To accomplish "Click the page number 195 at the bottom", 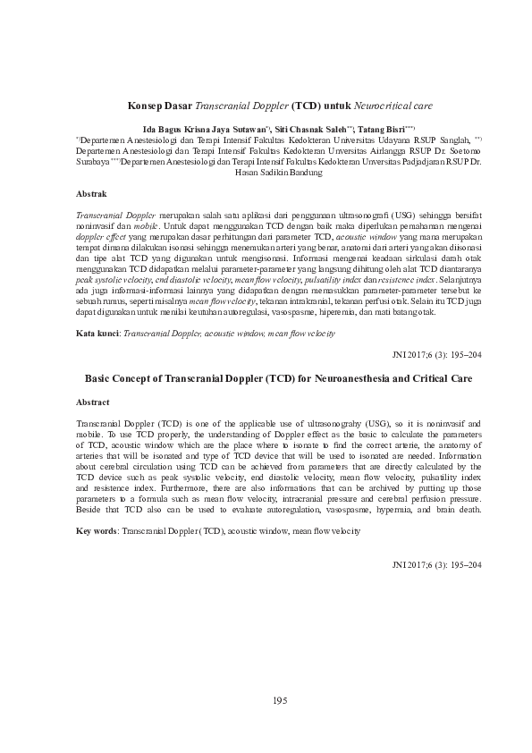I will point(280,700).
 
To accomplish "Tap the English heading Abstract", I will point(97,402).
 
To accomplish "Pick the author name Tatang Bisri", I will point(382,129).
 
